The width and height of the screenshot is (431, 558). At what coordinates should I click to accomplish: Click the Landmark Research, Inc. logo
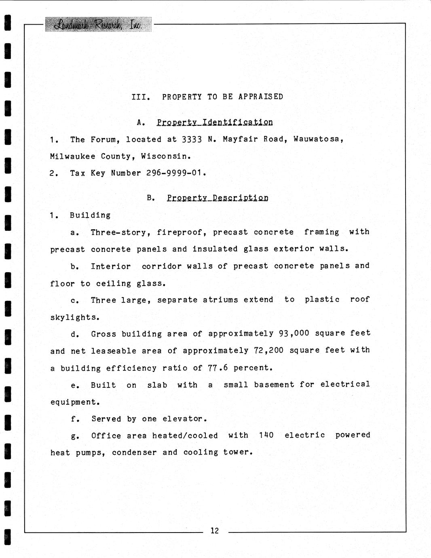98,25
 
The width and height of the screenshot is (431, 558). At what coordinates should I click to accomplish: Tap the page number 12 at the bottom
214,531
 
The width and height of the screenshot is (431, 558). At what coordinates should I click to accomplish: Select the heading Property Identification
215,122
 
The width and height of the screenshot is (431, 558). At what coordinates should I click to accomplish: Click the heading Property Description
218,198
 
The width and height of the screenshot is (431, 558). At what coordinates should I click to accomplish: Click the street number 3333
192,139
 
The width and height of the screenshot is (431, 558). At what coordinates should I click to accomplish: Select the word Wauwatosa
319,139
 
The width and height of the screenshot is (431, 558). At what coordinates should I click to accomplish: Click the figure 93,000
294,333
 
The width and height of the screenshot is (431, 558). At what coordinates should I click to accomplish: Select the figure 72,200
268,350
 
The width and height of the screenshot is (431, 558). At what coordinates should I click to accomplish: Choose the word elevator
184,419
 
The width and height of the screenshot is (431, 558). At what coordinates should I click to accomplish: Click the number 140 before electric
266,435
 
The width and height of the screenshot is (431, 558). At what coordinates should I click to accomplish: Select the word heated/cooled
185,435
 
